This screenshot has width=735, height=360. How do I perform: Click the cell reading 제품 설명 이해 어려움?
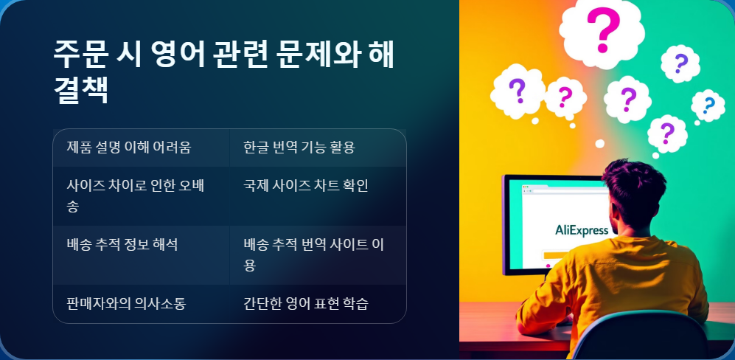(129, 148)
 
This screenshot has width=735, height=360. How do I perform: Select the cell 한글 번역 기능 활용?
(299, 148)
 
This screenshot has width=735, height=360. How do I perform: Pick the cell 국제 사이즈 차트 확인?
(306, 185)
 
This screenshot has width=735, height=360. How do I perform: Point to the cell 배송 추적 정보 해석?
(122, 244)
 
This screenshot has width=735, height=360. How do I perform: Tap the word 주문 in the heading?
(80, 55)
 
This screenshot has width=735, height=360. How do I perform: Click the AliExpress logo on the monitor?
(582, 229)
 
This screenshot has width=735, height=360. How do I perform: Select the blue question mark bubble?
(708, 105)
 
